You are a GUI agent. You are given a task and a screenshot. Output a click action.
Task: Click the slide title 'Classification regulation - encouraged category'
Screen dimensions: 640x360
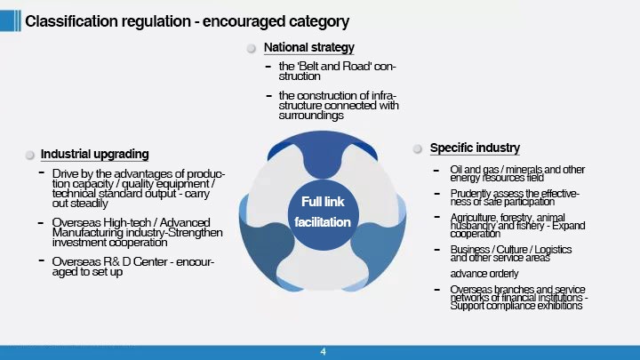click(187, 21)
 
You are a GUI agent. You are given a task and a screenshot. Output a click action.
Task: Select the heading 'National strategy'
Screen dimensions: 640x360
click(309, 48)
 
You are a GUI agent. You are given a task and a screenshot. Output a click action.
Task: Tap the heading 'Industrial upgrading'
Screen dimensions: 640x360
click(95, 155)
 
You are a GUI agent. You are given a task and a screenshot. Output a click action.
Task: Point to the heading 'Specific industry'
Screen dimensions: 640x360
click(475, 148)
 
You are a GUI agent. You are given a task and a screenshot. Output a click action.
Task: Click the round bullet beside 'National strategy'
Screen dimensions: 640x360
click(252, 49)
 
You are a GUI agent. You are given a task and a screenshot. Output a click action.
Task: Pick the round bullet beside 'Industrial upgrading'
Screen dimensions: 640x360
click(30, 155)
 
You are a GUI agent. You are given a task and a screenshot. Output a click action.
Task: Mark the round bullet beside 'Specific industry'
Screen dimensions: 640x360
click(417, 149)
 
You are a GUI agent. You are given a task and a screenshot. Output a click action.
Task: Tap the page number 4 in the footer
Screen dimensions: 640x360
click(324, 351)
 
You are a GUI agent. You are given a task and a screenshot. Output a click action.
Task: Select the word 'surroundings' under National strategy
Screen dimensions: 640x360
click(311, 116)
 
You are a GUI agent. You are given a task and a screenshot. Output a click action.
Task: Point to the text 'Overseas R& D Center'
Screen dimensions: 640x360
click(110, 261)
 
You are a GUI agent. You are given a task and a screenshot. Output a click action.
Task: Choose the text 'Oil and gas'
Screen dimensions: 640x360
click(475, 170)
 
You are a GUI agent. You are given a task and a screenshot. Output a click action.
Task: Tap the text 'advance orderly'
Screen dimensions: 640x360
click(484, 274)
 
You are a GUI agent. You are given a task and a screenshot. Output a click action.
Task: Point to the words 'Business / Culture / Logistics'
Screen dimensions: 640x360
click(510, 250)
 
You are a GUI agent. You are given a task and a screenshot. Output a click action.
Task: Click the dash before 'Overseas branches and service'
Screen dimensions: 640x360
click(436, 290)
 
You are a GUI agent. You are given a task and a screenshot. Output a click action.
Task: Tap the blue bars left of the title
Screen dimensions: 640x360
click(10, 20)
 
